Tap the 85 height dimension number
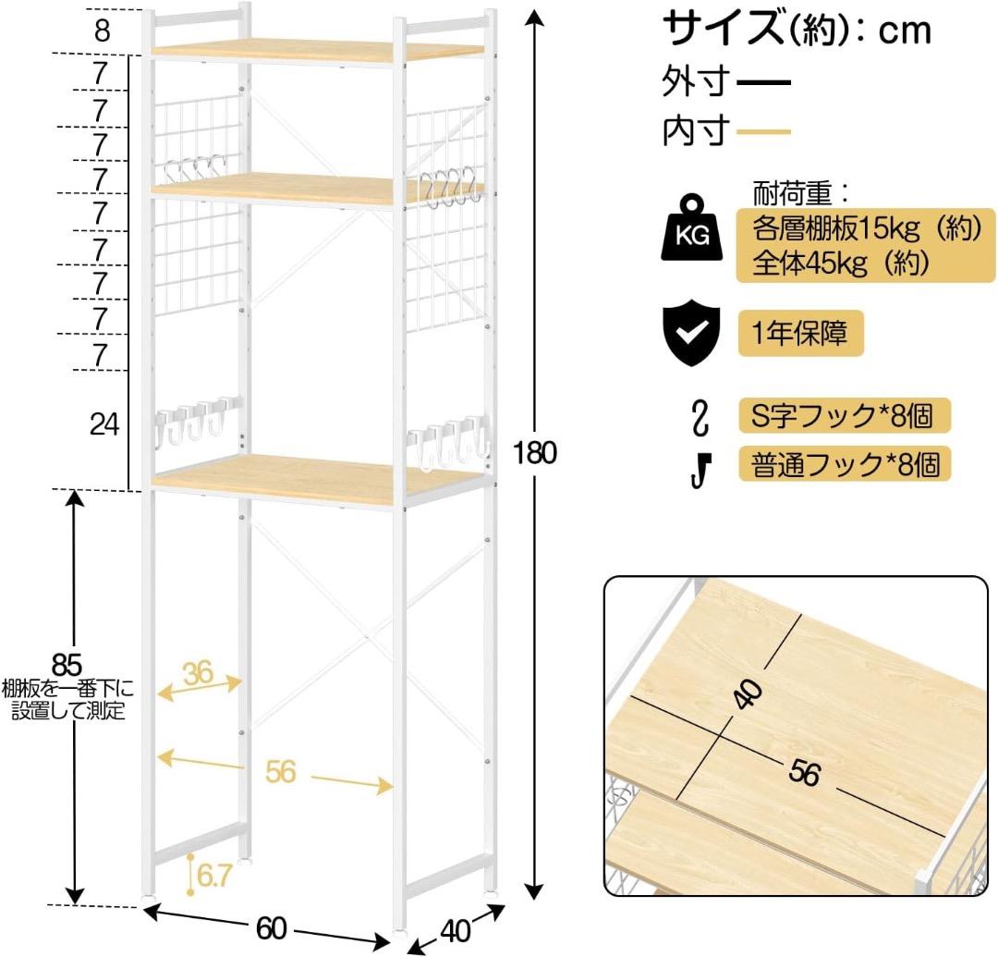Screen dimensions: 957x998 (x=67, y=664)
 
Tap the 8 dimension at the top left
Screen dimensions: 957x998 (x=102, y=31)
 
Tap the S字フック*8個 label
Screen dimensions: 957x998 (x=844, y=415)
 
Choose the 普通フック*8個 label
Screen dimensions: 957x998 (x=844, y=463)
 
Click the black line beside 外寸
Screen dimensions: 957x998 (x=764, y=83)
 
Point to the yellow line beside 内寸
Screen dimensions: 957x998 (x=764, y=132)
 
